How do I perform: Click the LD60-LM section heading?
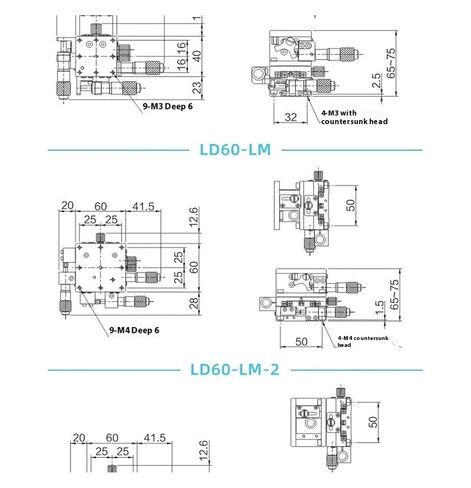[235, 150]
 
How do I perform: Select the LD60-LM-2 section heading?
[235, 370]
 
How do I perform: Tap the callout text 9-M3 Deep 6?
[168, 106]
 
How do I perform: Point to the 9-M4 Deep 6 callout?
[134, 330]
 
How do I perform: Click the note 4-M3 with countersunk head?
[354, 117]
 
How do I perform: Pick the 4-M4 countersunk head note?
[363, 341]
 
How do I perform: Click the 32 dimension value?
[290, 117]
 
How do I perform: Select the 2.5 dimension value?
[376, 80]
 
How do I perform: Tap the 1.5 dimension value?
[379, 308]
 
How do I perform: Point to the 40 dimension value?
[197, 56]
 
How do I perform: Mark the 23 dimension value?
[197, 87]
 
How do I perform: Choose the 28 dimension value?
[194, 303]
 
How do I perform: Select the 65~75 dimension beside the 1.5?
[394, 295]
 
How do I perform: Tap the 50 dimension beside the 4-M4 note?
[301, 342]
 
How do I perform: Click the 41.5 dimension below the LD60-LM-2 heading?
[154, 438]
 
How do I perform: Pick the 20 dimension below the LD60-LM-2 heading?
[79, 438]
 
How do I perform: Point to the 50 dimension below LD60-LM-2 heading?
[373, 422]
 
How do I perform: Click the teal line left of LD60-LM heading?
[118, 150]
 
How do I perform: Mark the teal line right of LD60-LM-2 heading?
[356, 370]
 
